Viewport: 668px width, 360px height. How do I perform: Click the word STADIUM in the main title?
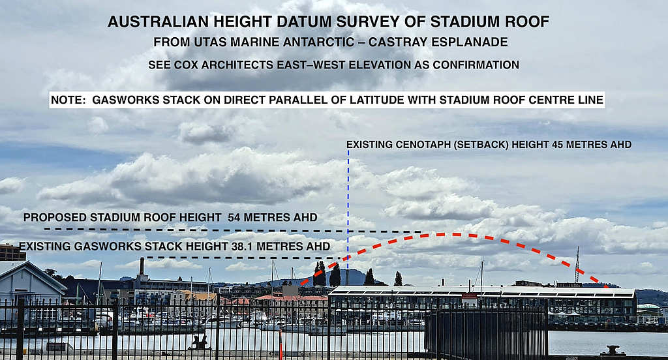[x=457, y=22]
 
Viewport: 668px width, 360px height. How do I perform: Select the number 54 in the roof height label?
[x=234, y=217]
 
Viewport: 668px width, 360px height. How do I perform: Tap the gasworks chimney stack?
[x=142, y=267]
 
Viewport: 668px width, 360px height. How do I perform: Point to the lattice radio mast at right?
[x=578, y=265]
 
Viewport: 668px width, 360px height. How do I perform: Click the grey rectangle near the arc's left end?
[x=290, y=290]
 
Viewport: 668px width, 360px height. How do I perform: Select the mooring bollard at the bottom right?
[x=613, y=350]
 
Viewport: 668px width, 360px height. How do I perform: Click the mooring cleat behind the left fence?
[x=200, y=342]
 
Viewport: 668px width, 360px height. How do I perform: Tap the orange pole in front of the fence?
[x=281, y=344]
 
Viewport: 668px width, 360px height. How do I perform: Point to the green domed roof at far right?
[x=648, y=307]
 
